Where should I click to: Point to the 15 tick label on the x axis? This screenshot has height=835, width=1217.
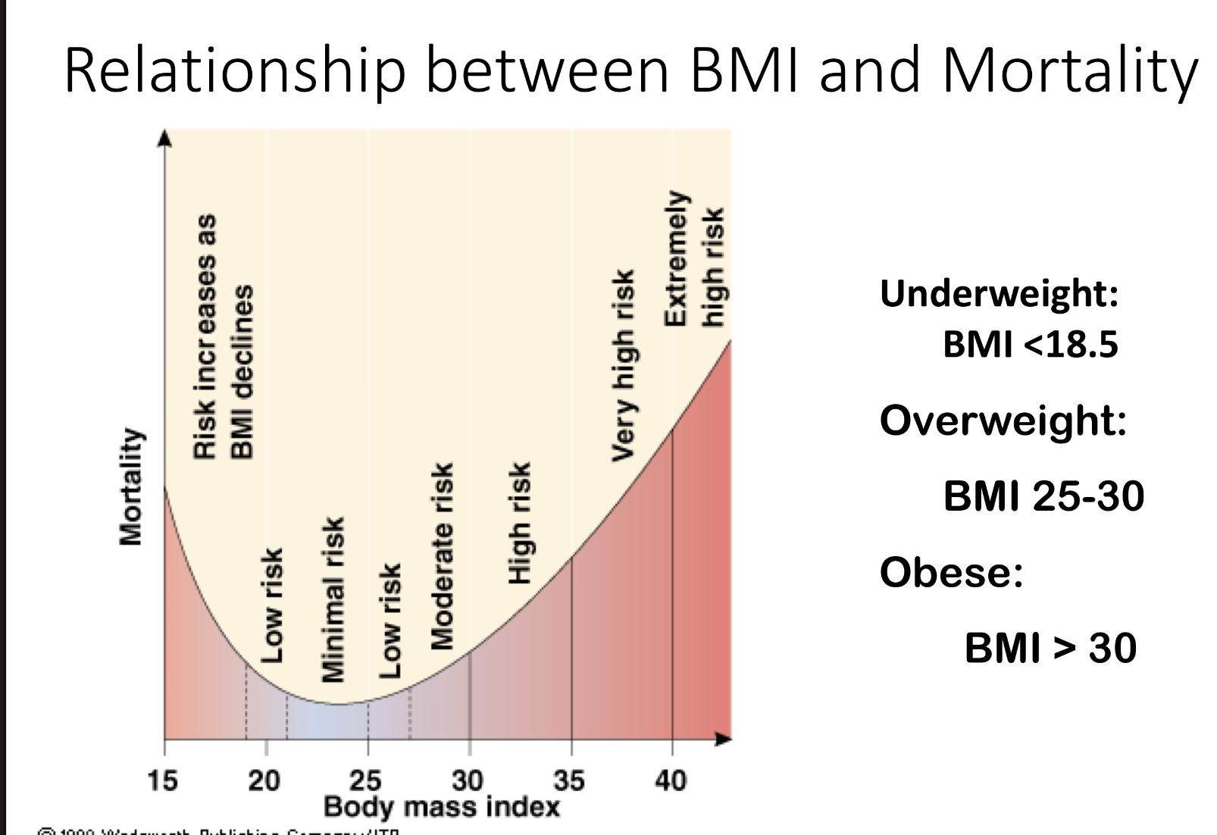[162, 780]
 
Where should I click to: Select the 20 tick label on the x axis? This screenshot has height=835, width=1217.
[264, 780]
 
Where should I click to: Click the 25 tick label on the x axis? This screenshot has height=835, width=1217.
[366, 780]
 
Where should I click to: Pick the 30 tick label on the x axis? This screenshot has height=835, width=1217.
[468, 780]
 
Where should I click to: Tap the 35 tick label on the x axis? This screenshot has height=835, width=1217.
[569, 780]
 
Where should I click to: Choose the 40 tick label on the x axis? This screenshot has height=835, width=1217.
[671, 780]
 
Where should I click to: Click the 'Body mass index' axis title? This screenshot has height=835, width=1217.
[442, 806]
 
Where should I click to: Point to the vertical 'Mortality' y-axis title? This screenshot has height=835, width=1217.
[130, 486]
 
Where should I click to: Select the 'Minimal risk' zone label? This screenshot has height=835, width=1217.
[333, 599]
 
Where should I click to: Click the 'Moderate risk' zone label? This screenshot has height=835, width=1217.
[442, 557]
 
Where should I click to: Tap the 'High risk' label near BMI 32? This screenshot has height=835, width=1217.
[519, 523]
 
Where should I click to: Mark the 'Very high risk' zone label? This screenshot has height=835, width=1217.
[623, 365]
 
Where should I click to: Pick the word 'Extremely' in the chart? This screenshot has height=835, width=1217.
[675, 258]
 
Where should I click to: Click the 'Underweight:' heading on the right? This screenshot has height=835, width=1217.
[999, 293]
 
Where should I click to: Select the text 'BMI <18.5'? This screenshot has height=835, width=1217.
[1030, 344]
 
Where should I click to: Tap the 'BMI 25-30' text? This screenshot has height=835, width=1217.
[1043, 496]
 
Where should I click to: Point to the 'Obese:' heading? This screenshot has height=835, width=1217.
[951, 572]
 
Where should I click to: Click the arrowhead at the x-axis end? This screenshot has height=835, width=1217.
[724, 738]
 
